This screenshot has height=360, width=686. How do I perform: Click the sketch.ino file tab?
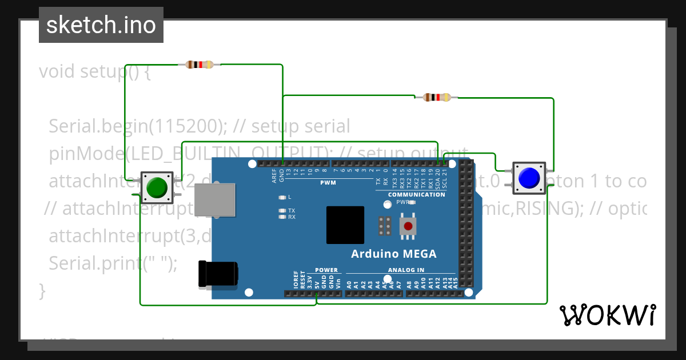pyautogui.click(x=101, y=25)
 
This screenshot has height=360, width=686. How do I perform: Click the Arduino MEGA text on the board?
pyautogui.click(x=393, y=254)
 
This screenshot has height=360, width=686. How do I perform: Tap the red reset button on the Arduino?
pyautogui.click(x=408, y=226)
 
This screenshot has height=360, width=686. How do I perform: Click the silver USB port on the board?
pyautogui.click(x=214, y=200)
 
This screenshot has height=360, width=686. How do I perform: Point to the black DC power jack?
pyautogui.click(x=217, y=273)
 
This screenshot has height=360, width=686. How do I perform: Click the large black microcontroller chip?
pyautogui.click(x=345, y=226)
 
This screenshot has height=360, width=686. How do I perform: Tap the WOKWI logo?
pyautogui.click(x=607, y=315)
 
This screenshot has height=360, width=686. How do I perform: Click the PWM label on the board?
pyautogui.click(x=329, y=183)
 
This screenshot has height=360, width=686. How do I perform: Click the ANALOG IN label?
pyautogui.click(x=406, y=270)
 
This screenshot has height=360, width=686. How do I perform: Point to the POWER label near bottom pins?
pyautogui.click(x=326, y=270)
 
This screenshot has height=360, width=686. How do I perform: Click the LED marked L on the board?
pyautogui.click(x=281, y=197)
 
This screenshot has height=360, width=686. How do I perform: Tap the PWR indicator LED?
pyautogui.click(x=412, y=202)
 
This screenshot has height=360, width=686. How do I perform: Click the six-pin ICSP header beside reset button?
pyautogui.click(x=385, y=226)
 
